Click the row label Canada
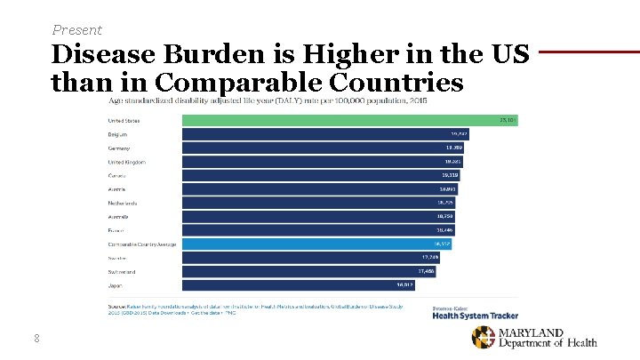[117, 175]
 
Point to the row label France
[116, 230]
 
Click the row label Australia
[119, 216]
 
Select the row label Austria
[117, 189]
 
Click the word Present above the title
[77, 29]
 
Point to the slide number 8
[36, 337]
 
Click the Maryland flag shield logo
[484, 338]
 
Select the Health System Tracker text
[475, 316]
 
